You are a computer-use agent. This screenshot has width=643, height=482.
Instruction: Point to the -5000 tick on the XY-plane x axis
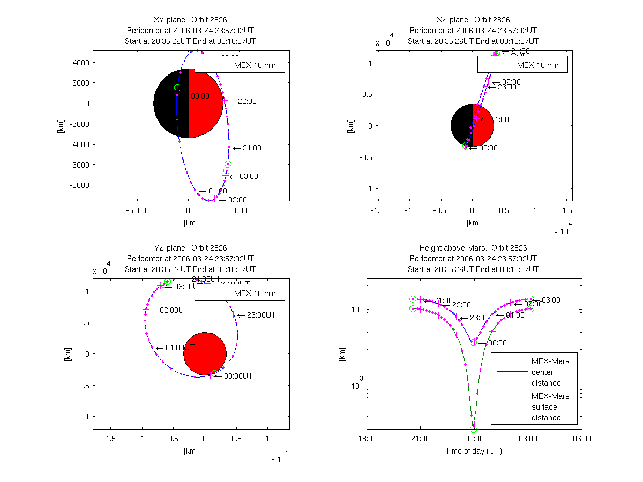136,210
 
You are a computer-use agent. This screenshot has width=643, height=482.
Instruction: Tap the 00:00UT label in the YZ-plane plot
238,376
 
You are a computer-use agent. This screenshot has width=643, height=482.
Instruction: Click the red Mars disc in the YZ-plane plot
205,353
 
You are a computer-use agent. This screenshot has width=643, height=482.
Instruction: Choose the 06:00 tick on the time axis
582,439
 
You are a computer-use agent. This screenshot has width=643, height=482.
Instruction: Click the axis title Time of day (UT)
474,451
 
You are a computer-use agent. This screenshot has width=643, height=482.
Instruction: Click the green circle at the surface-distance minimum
474,429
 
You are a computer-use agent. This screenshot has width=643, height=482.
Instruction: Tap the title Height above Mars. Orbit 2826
473,248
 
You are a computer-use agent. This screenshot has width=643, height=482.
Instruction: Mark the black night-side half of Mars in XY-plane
170,103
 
